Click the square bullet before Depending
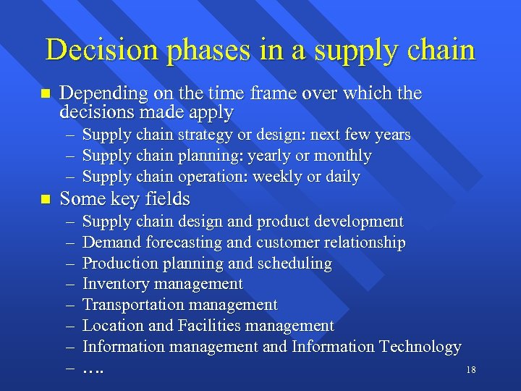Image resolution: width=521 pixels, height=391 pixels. pos(46,94)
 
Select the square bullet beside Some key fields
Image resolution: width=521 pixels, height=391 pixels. pos(46,198)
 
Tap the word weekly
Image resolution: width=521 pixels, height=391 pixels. pos(292,177)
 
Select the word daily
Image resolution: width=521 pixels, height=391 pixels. pos(343,177)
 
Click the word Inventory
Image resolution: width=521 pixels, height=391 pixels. pos(113,285)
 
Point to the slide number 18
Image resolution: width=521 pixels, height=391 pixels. pos(470,370)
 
